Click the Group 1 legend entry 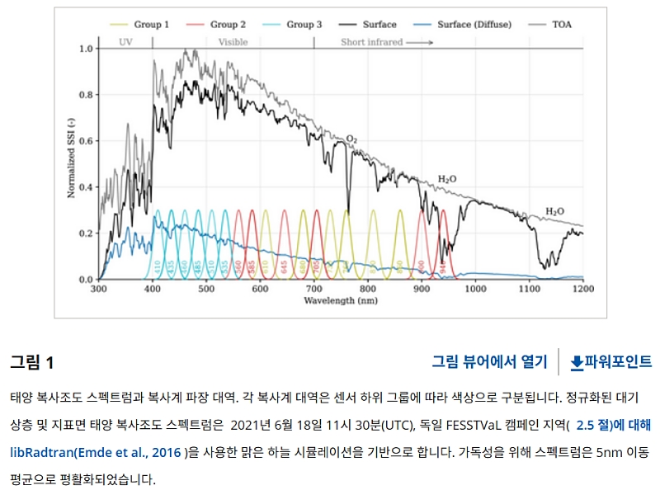click(x=144, y=25)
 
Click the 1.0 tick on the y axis click(x=86, y=49)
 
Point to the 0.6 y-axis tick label click(x=86, y=141)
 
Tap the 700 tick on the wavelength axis click(x=313, y=290)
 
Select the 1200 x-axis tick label click(x=582, y=290)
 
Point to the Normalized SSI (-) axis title click(x=71, y=163)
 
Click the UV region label click(x=125, y=41)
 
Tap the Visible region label click(x=233, y=41)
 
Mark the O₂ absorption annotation click(x=351, y=138)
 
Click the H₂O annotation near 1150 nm click(x=555, y=211)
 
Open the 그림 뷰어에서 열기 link click(x=489, y=361)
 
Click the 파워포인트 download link click(x=611, y=361)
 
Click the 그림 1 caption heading click(x=32, y=362)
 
